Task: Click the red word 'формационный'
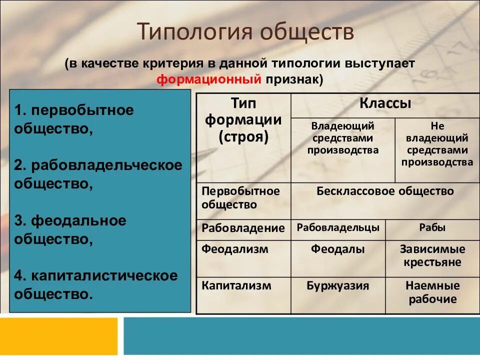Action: point(209,79)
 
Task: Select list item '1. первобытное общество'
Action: point(74,119)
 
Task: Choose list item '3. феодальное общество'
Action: point(70,229)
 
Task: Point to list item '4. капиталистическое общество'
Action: point(95,284)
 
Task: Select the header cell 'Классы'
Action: point(385,104)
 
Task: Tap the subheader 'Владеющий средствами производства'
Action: point(342,138)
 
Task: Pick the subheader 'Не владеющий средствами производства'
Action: point(437,144)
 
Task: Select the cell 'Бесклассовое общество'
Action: point(385,191)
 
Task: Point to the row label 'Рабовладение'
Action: point(243,228)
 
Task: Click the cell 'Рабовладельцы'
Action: point(338,228)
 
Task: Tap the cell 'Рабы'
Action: point(432,228)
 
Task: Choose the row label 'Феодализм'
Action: point(235,249)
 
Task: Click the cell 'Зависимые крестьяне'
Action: point(432,255)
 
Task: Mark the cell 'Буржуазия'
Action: point(338,286)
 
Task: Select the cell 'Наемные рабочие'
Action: point(432,292)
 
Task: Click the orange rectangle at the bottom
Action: point(58,336)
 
